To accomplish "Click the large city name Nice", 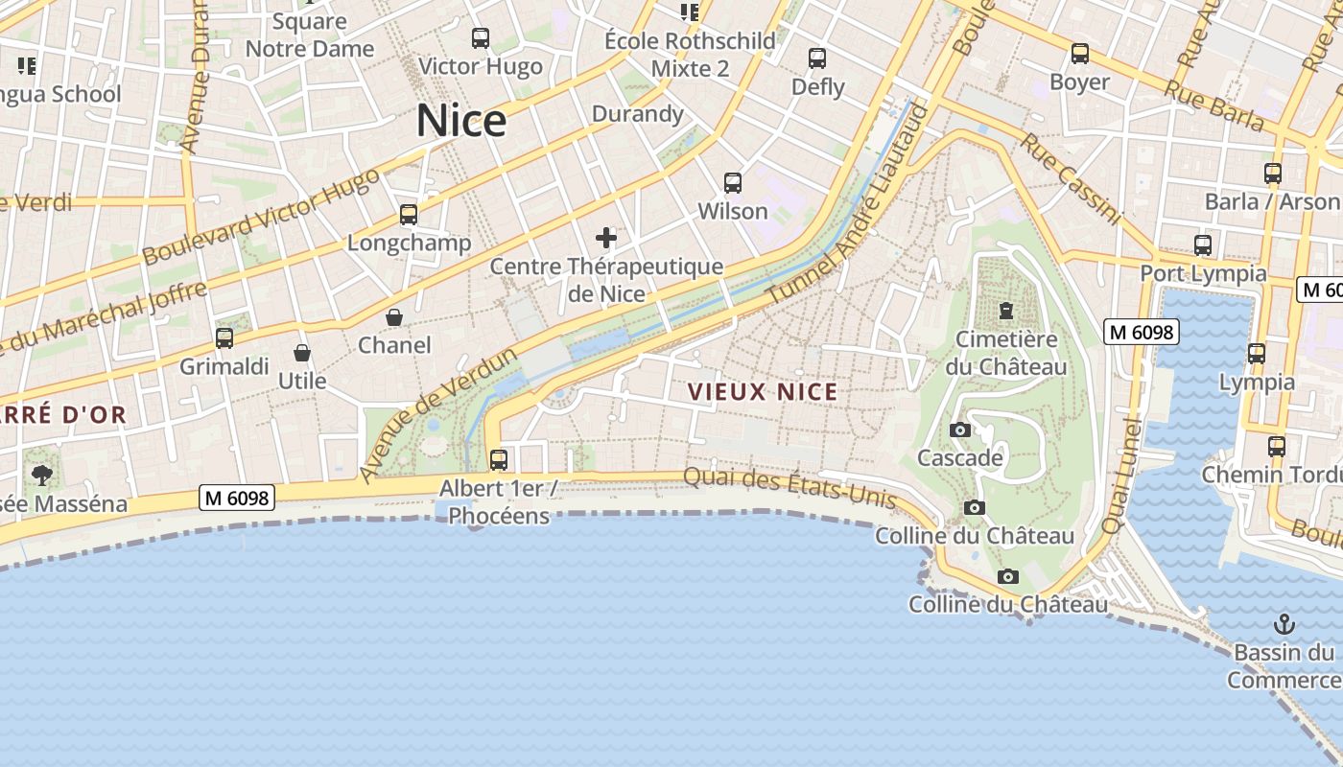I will point(460,121).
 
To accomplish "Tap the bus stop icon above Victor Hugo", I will point(481,38).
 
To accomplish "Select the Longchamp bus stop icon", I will point(409,214).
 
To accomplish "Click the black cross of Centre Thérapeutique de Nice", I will point(606,237).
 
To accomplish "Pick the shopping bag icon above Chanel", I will point(394,316).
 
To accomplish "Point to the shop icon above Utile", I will point(302,353).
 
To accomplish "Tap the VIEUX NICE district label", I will point(764,391).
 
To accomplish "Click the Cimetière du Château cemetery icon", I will point(1006,311).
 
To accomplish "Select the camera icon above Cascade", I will point(960,430).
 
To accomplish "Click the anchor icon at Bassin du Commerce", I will point(1284,625).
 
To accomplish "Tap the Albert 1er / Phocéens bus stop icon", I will point(499,459).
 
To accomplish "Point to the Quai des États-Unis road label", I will point(789,487).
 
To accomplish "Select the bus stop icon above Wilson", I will point(733,182).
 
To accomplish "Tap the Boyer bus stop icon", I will point(1080,54).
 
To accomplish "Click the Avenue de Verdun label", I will point(438,415).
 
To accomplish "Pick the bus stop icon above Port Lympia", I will point(1203,244).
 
